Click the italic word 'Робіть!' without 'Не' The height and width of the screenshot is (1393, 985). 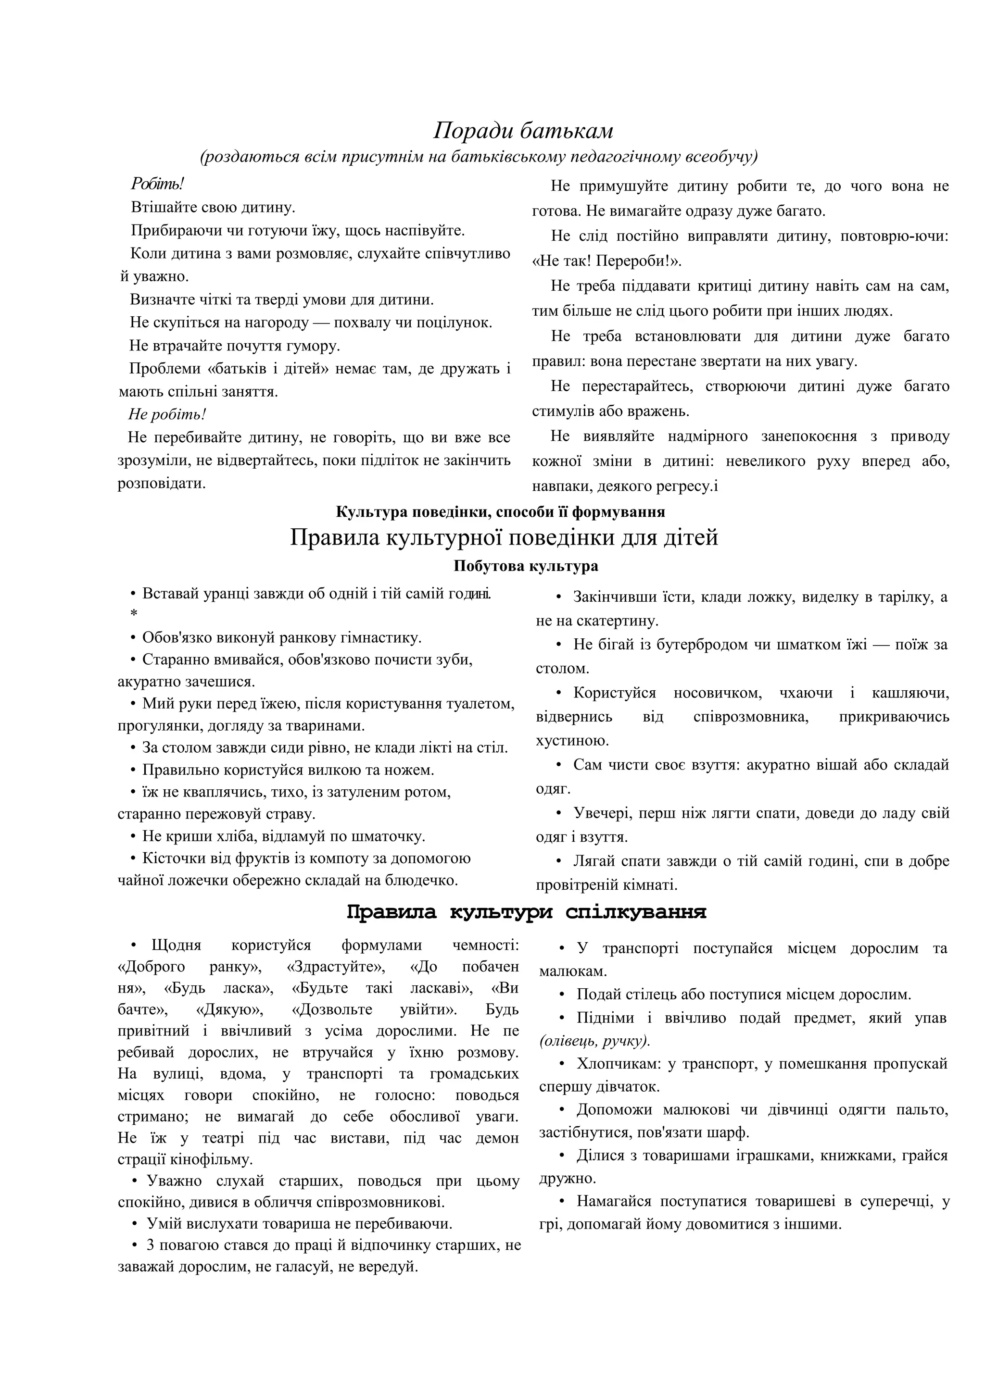pyautogui.click(x=157, y=184)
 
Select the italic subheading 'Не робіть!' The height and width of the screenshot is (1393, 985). pyautogui.click(x=167, y=414)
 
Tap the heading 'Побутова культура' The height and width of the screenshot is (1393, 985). pyautogui.click(x=526, y=566)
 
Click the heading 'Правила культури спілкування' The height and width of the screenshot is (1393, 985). pyautogui.click(x=526, y=912)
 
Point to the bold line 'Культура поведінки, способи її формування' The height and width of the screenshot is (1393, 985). pyautogui.click(x=500, y=511)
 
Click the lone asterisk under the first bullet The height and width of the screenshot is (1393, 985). pyautogui.click(x=134, y=614)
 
